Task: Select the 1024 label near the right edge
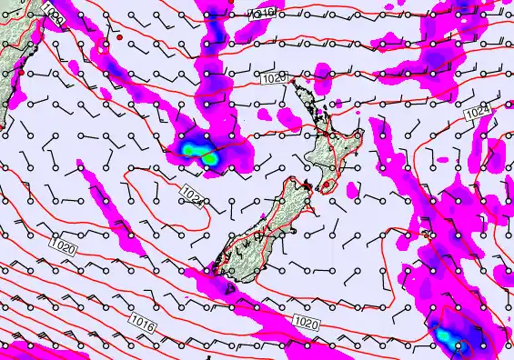pos(478,114)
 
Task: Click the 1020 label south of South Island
pos(307,321)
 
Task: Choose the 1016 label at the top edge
pos(264,13)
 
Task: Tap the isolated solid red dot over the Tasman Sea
pos(119,39)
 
